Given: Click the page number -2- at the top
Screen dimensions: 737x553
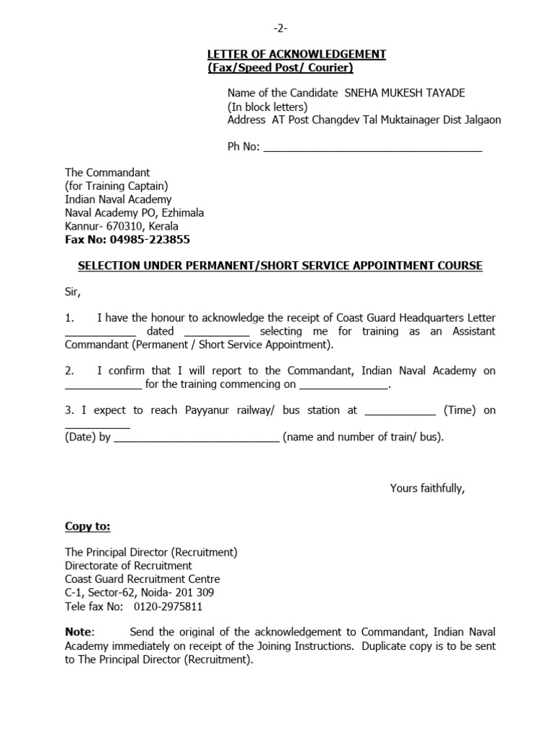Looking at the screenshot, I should pyautogui.click(x=279, y=28).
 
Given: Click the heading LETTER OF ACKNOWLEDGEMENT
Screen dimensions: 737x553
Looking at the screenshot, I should pyautogui.click(x=297, y=55).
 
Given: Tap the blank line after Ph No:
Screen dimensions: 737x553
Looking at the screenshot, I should pyautogui.click(x=373, y=148).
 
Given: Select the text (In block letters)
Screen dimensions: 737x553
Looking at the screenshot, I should pyautogui.click(x=267, y=107).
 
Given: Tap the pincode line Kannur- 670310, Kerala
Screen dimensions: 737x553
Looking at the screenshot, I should pyautogui.click(x=122, y=226).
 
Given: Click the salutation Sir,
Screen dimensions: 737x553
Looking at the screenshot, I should pyautogui.click(x=73, y=292).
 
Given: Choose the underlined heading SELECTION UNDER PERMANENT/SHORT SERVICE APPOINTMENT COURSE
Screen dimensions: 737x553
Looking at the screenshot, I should pyautogui.click(x=279, y=266).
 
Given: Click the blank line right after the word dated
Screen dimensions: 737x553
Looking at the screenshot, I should pyautogui.click(x=217, y=332).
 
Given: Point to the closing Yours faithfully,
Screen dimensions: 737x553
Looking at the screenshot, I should pyautogui.click(x=427, y=488).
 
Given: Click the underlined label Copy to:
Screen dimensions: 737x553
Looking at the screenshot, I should pyautogui.click(x=88, y=527).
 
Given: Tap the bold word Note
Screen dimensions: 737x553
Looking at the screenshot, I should pyautogui.click(x=78, y=632).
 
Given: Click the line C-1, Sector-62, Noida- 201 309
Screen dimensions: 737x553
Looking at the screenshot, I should pyautogui.click(x=139, y=592).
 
